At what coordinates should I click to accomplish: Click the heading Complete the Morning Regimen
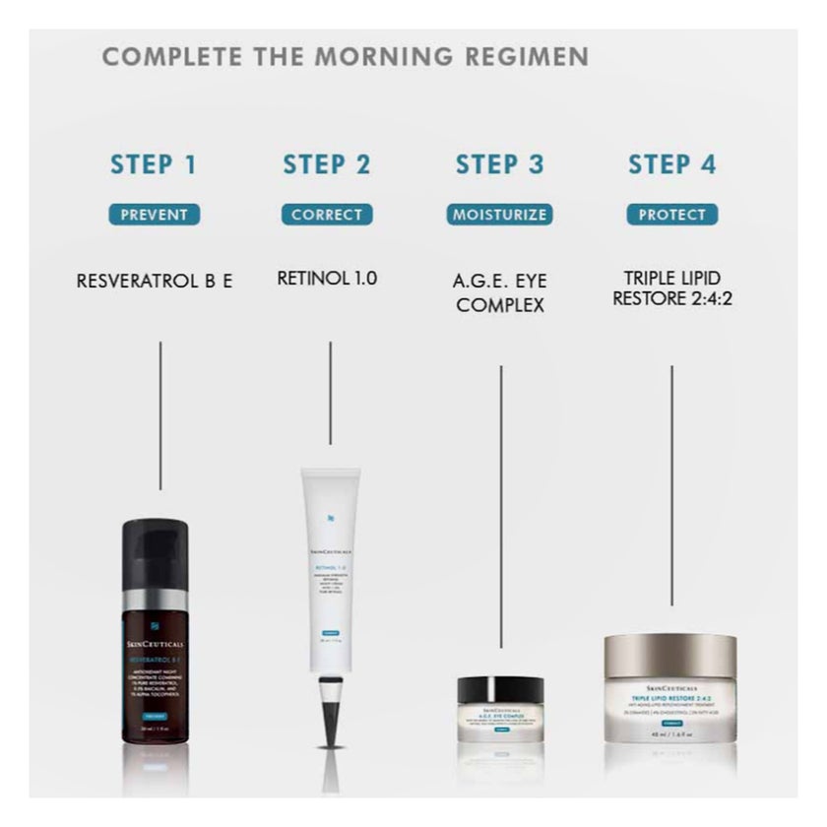[x=346, y=56]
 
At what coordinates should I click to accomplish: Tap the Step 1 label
[x=154, y=164]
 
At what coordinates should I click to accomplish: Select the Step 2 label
[x=327, y=164]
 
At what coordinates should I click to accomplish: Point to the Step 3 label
[x=499, y=164]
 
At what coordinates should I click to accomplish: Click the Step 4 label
[x=672, y=164]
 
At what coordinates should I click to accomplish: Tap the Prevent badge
[x=154, y=215]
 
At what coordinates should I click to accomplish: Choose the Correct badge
[x=327, y=215]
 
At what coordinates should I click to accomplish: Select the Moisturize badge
[x=499, y=215]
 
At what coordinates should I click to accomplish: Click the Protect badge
[x=672, y=215]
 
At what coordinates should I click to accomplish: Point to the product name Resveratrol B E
[x=155, y=281]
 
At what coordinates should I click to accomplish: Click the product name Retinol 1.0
[x=327, y=279]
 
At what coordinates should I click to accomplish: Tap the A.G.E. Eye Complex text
[x=499, y=292]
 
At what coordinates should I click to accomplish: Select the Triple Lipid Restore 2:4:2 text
[x=672, y=287]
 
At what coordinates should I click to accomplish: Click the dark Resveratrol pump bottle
[x=160, y=660]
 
